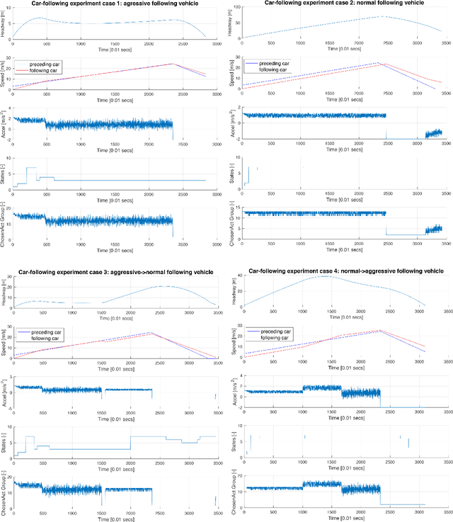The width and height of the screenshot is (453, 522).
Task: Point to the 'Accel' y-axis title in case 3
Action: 4,387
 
